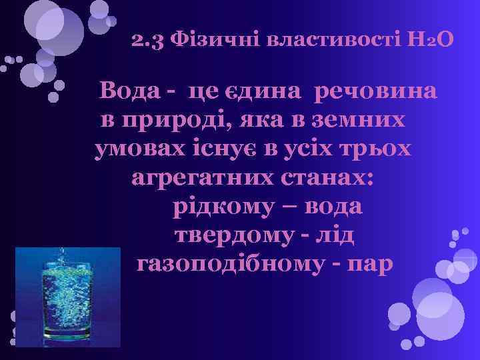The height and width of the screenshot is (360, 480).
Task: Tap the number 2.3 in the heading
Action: [148, 41]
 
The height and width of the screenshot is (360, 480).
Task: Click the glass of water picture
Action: [67, 297]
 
